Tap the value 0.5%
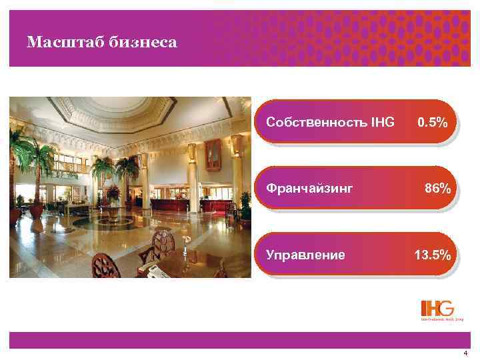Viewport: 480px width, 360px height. pyautogui.click(x=437, y=123)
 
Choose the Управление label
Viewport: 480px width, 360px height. pyautogui.click(x=305, y=255)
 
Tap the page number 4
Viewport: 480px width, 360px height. pyautogui.click(x=465, y=352)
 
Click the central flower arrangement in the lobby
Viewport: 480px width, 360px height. pyautogui.click(x=113, y=194)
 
